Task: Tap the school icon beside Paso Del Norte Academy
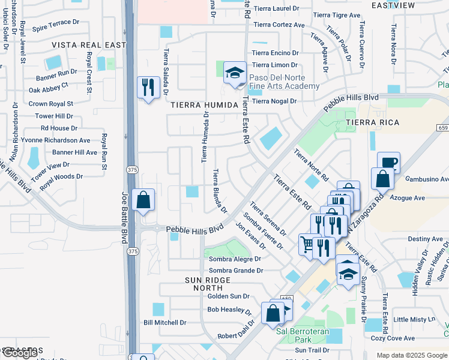click(x=235, y=74)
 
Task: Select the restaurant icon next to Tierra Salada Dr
click(x=147, y=88)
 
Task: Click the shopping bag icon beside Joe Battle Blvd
click(x=143, y=200)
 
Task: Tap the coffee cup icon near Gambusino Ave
click(x=388, y=163)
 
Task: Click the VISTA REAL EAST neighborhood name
click(x=89, y=45)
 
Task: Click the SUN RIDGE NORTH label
click(x=208, y=284)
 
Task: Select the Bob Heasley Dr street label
click(x=229, y=310)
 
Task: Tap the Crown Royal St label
click(x=51, y=104)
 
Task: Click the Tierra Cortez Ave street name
click(x=279, y=25)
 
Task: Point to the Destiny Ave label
click(x=424, y=238)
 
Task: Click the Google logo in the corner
click(x=20, y=353)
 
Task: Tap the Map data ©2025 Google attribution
click(x=412, y=355)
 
